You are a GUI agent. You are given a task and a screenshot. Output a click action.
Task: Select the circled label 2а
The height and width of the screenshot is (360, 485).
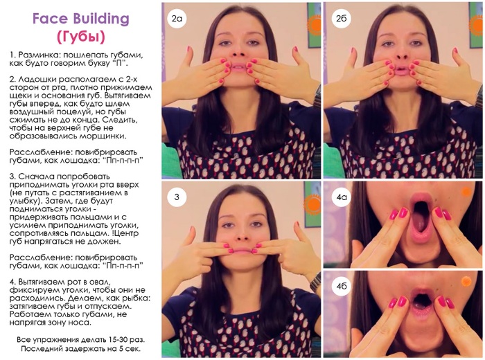(177, 19)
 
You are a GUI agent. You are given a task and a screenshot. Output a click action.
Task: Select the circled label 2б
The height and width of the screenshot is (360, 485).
(341, 19)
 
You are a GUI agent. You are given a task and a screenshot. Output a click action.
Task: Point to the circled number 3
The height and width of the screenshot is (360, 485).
(177, 197)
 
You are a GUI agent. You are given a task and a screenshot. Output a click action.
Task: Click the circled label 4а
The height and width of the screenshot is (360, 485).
(341, 197)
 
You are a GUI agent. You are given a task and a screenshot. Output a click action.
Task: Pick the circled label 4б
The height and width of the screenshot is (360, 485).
(341, 286)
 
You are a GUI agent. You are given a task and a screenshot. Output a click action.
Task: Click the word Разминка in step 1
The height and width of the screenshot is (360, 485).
(37, 55)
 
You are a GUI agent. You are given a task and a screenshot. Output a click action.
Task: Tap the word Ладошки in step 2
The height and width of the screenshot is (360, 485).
(36, 80)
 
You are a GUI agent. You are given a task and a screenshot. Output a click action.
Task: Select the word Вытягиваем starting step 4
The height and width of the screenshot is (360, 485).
(43, 282)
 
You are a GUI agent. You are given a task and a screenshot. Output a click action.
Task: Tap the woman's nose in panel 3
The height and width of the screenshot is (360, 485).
(242, 235)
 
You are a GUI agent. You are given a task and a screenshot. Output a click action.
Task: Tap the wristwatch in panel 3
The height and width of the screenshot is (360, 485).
(316, 282)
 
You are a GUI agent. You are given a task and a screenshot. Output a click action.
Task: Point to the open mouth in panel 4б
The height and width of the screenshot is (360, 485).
(418, 301)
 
